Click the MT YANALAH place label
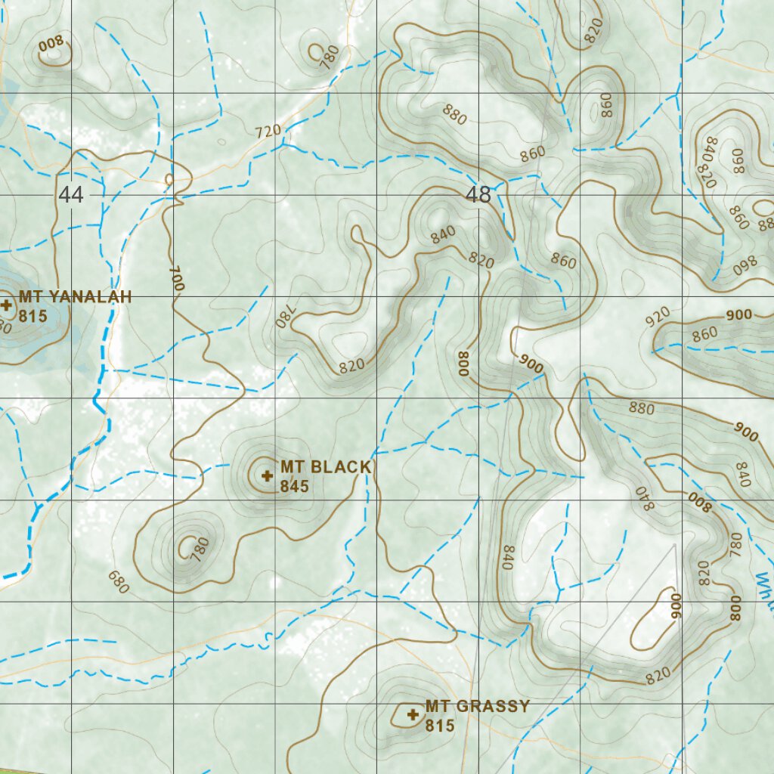pyautogui.click(x=75, y=297)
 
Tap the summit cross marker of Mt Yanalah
pyautogui.click(x=7, y=305)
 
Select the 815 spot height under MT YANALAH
pyautogui.click(x=33, y=316)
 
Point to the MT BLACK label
pyautogui.click(x=326, y=467)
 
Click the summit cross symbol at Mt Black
pyautogui.click(x=266, y=475)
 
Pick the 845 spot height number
pyautogui.click(x=294, y=486)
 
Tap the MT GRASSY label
pyautogui.click(x=477, y=707)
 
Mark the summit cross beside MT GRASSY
pyautogui.click(x=413, y=714)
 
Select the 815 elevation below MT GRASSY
pyautogui.click(x=440, y=726)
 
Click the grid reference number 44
pyautogui.click(x=71, y=195)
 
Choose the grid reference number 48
pyautogui.click(x=478, y=195)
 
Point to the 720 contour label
pyautogui.click(x=268, y=132)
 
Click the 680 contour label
pyautogui.click(x=119, y=580)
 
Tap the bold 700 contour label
pyautogui.click(x=176, y=279)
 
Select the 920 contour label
pyautogui.click(x=658, y=318)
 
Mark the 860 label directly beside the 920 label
pyautogui.click(x=704, y=333)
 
